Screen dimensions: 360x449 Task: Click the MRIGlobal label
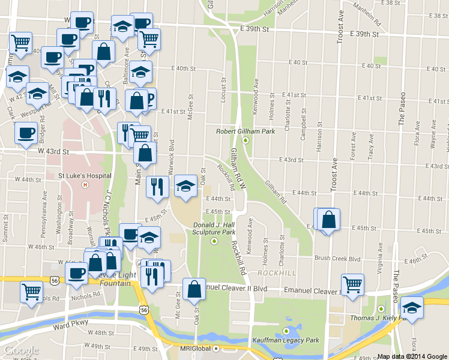tap(197, 349)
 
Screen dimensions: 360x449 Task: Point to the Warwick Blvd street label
tap(170, 155)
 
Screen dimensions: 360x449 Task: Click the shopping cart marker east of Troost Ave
tap(352, 284)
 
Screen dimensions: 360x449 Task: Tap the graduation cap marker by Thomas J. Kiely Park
tap(412, 307)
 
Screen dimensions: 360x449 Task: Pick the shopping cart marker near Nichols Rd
tap(31, 292)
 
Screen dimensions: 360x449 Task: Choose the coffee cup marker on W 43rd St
tap(26, 132)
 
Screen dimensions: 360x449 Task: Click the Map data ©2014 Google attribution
tap(412, 356)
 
